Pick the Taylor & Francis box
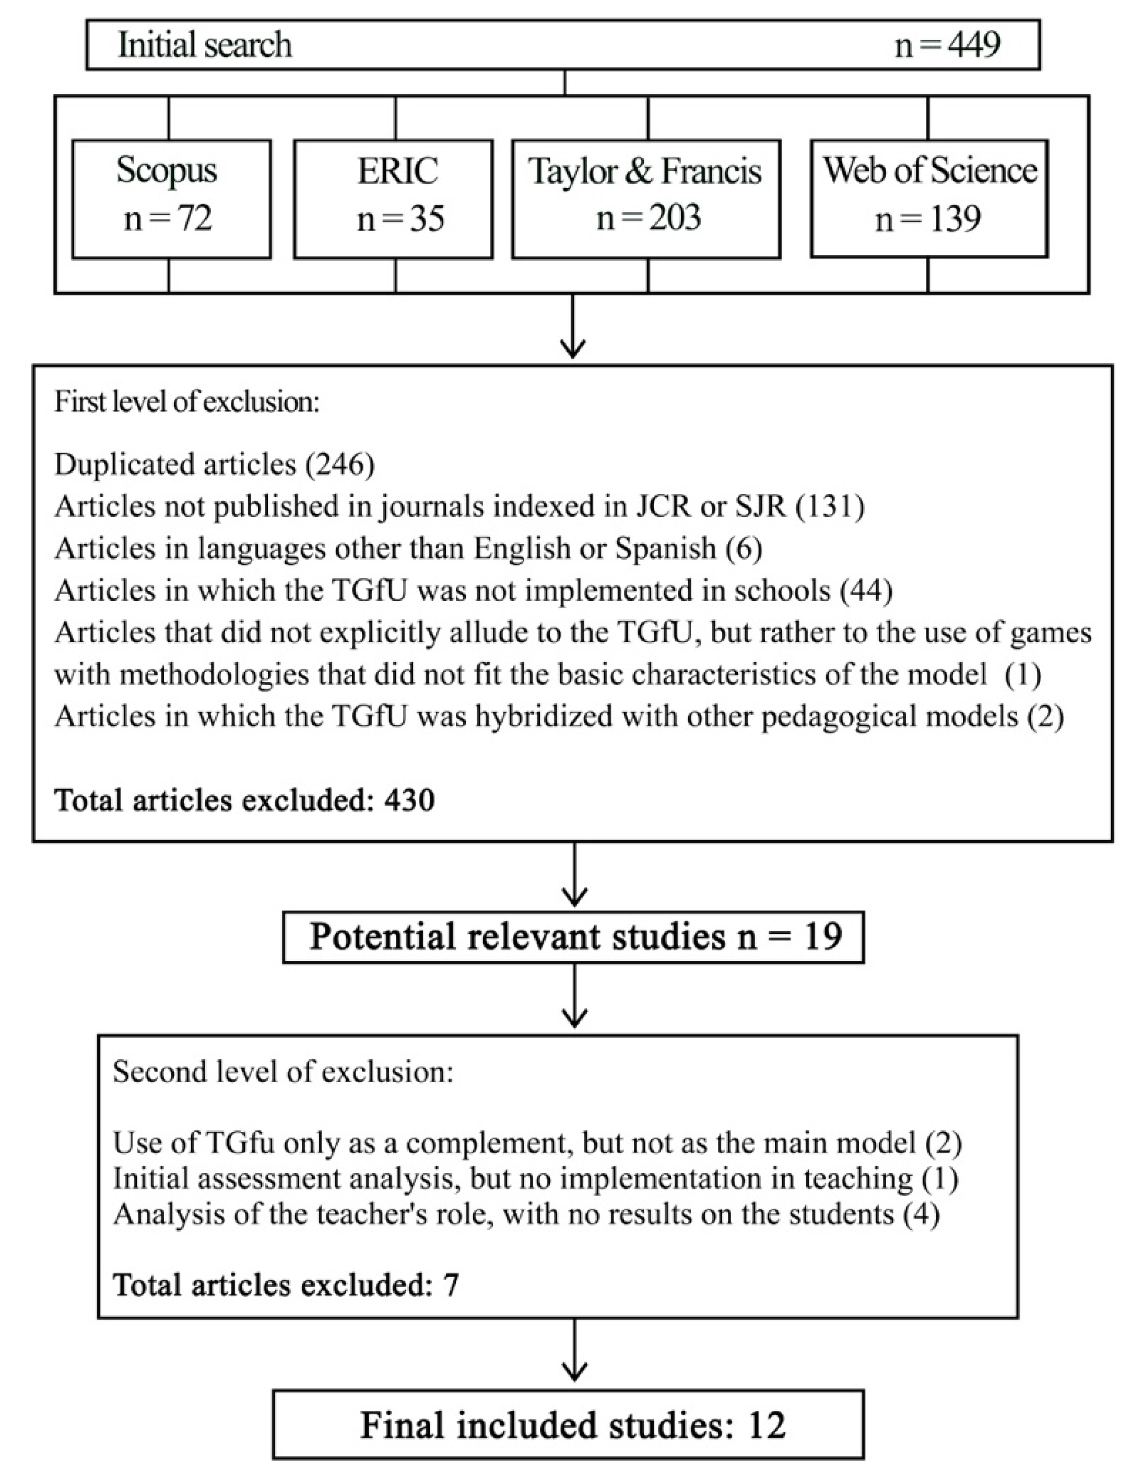coord(645,199)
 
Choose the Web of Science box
coord(928,199)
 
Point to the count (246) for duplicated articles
coord(340,465)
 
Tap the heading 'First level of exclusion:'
coord(186,402)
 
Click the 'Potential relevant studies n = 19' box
coord(573,937)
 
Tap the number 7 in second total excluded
coord(451,1285)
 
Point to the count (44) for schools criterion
coord(866,591)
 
